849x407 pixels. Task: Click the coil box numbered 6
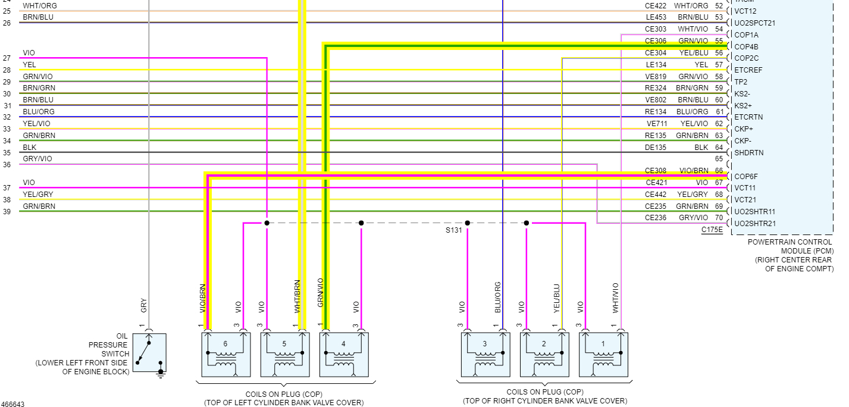point(225,355)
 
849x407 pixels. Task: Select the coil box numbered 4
point(343,355)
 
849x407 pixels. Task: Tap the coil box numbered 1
point(603,355)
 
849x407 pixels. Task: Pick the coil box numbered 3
point(485,355)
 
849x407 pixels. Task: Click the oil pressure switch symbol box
point(149,353)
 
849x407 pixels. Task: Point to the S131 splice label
point(453,230)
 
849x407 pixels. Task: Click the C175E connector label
point(712,230)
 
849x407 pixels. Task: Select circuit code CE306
point(656,41)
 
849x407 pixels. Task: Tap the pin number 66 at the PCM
point(719,171)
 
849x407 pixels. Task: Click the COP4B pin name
point(746,46)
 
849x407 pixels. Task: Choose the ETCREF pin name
point(748,70)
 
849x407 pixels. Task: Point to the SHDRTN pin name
point(749,153)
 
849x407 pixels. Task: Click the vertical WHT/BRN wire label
point(297,296)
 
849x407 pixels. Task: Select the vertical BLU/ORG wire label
point(497,298)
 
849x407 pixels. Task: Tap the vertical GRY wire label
point(143,306)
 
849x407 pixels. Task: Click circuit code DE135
point(656,147)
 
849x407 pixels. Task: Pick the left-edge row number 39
point(7,212)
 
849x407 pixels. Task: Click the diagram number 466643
point(12,404)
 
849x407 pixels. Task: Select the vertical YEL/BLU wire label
point(557,298)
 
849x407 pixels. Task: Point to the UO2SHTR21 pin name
point(755,224)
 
